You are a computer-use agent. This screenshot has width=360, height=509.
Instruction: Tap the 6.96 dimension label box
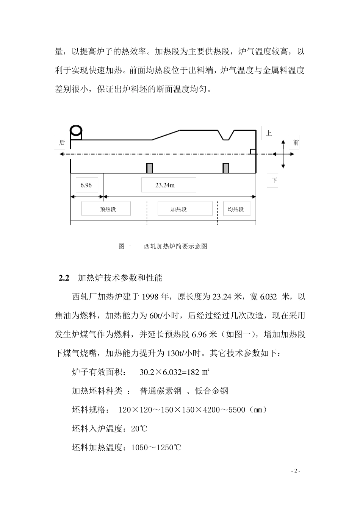pyautogui.click(x=86, y=185)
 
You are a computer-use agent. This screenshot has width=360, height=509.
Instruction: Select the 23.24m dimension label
pyautogui.click(x=169, y=185)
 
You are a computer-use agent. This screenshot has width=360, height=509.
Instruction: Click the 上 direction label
pyautogui.click(x=269, y=133)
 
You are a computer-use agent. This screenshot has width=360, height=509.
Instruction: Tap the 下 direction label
pyautogui.click(x=274, y=181)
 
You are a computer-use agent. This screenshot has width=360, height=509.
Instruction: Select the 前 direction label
pyautogui.click(x=295, y=142)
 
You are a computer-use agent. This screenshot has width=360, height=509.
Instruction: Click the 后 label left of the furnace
pyautogui.click(x=62, y=143)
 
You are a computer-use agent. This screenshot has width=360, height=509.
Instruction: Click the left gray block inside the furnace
pyautogui.click(x=150, y=168)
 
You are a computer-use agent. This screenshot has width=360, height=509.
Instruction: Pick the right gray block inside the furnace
pyautogui.click(x=226, y=168)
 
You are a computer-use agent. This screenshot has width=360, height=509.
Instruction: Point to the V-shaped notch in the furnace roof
pyautogui.click(x=227, y=136)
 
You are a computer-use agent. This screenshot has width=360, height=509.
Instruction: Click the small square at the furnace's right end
pyautogui.click(x=253, y=151)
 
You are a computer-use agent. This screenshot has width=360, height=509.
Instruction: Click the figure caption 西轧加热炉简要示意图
pyautogui.click(x=176, y=247)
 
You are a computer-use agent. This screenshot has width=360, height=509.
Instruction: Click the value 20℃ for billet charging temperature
pyautogui.click(x=139, y=429)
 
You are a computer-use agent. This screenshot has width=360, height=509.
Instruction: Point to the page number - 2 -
pyautogui.click(x=296, y=471)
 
